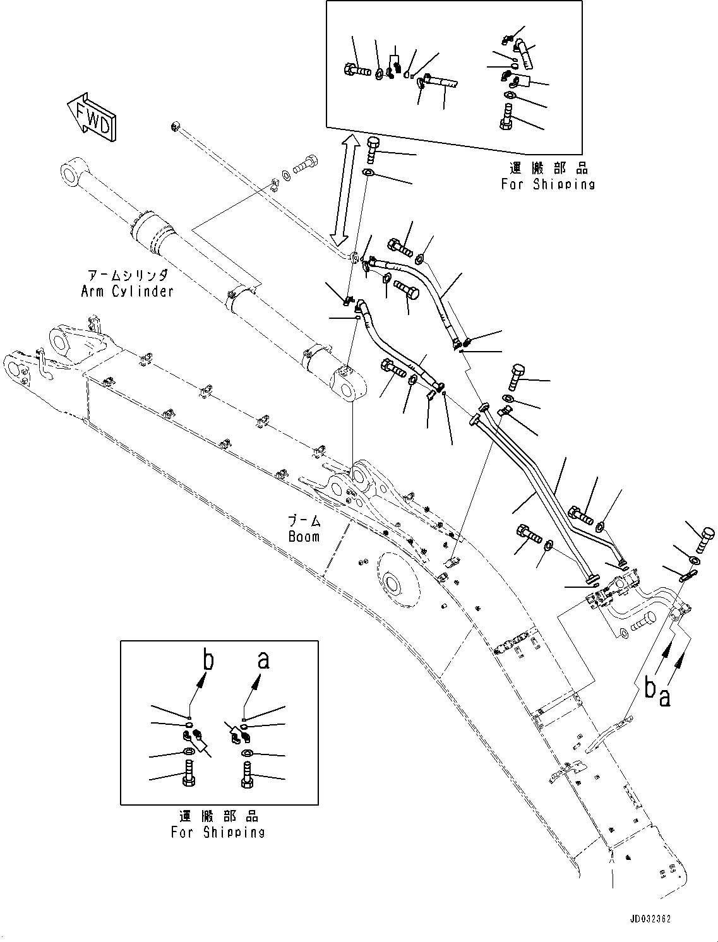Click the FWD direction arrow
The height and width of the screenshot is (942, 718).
point(92,117)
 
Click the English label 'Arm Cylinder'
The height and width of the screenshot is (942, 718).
point(127,292)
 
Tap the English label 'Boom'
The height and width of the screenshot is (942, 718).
point(304,537)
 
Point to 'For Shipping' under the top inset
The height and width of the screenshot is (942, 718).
point(547,184)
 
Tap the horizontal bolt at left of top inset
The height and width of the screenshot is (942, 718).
point(357,69)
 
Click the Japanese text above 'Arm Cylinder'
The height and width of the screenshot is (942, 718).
point(128,275)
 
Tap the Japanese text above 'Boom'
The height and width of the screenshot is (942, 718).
point(304,521)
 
